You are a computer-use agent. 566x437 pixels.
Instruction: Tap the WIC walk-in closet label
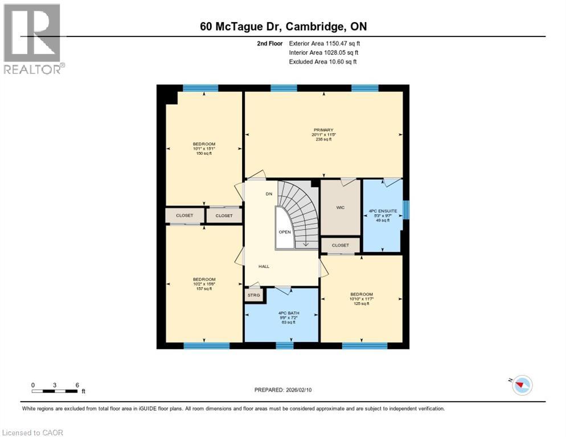pos(340,208)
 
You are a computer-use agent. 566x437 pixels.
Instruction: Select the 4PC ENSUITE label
pos(382,210)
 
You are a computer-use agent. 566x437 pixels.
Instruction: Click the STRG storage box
pos(253,295)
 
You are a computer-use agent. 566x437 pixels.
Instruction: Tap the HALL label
pos(264,266)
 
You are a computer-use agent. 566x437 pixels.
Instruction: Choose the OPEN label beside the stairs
pos(285,232)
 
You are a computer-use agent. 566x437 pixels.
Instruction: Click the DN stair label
pos(269,194)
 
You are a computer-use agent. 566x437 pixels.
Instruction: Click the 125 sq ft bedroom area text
pos(362,303)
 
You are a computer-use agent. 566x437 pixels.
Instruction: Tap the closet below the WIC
pos(340,245)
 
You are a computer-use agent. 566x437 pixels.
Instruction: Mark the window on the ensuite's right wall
pos(406,209)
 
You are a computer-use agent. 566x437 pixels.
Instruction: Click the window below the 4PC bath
pos(284,345)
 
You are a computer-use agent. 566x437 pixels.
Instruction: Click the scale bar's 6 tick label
pos(77,385)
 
